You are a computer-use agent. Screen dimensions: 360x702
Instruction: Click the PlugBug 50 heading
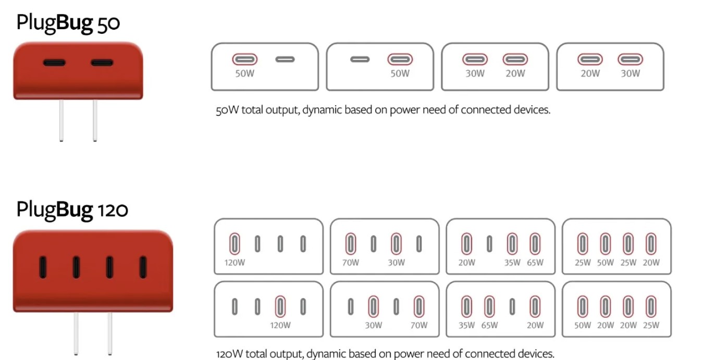pos(68,23)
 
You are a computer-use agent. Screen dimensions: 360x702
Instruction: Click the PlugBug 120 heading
pos(72,209)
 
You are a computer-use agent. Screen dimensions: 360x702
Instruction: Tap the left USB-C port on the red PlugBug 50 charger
pos(54,63)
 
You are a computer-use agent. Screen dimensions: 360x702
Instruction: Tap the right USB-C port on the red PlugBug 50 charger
pos(102,63)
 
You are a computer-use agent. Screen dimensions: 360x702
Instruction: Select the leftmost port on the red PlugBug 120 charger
pos(43,267)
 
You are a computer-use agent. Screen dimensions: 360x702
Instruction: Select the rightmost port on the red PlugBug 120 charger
pos(142,267)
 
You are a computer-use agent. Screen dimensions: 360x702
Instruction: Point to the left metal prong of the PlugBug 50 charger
pos(61,121)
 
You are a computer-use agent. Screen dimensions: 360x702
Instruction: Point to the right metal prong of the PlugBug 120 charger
pos(110,333)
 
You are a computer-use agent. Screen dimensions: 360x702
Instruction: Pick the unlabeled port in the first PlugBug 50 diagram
pos(285,59)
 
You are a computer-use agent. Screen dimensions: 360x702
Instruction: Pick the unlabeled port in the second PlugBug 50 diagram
pos(360,59)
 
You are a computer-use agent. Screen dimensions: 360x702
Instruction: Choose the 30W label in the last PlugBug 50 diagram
pos(630,73)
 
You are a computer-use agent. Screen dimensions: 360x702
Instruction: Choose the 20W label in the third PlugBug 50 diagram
pos(515,73)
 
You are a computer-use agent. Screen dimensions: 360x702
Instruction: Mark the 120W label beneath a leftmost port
pos(235,263)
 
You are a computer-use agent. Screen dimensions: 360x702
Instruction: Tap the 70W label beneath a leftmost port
pos(351,263)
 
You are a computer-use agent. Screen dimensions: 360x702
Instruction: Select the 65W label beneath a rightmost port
pos(535,263)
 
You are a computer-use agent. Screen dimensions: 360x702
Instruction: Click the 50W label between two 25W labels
pos(605,263)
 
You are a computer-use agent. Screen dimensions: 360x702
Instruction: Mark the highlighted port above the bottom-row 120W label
pos(280,306)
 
